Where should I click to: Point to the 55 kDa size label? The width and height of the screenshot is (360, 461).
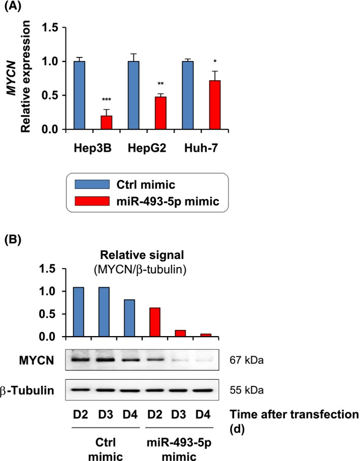pos(246,391)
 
